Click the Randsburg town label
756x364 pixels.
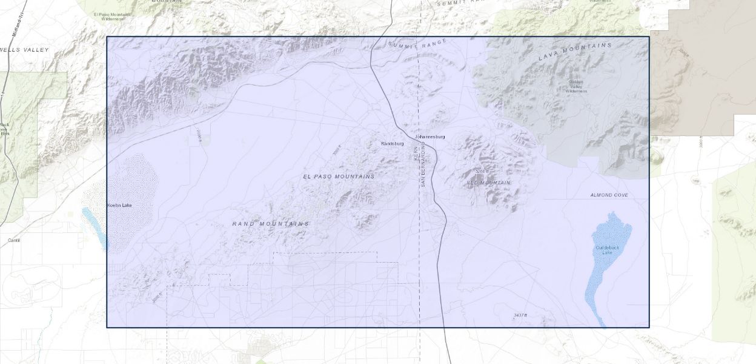(x=392, y=143)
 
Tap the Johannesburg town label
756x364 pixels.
(x=430, y=137)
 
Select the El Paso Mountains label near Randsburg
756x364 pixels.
(x=339, y=176)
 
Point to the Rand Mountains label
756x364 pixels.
(x=271, y=224)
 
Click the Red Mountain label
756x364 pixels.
(x=488, y=182)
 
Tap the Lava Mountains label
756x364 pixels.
(x=575, y=52)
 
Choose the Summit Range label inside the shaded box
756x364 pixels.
(x=417, y=43)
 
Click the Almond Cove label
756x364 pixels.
(x=609, y=195)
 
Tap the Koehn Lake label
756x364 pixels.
(x=119, y=205)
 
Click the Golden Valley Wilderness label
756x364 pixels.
(x=577, y=87)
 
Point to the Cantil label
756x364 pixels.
(x=14, y=240)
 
